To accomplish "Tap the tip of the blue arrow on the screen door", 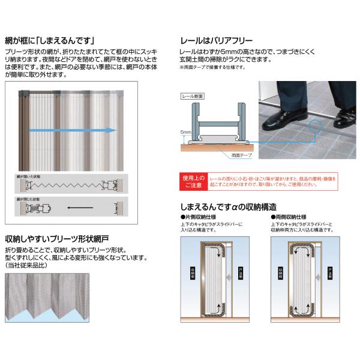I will coord(115,130).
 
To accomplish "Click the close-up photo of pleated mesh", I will coord(47,298).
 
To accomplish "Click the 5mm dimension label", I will coord(186,131).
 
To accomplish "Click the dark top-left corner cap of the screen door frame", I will coord(23,94).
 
